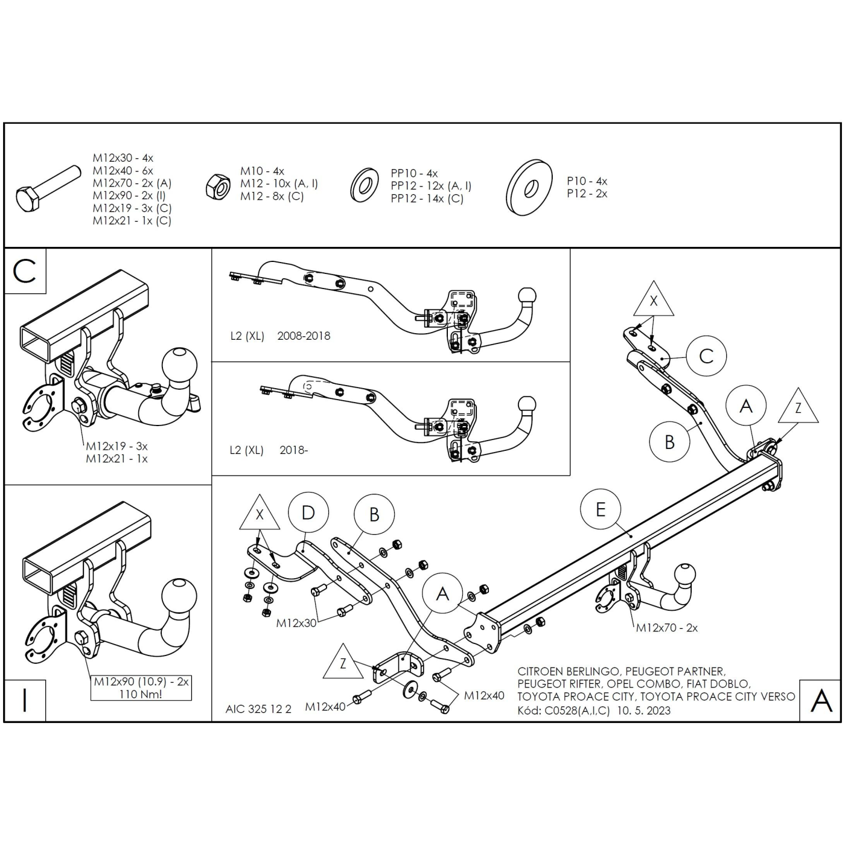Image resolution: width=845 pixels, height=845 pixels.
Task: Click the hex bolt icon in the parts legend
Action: [47, 188]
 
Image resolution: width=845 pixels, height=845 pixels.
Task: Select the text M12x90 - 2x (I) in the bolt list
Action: [129, 196]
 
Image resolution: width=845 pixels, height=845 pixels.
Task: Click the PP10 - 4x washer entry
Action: [414, 173]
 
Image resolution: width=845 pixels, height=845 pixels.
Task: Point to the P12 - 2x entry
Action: [587, 194]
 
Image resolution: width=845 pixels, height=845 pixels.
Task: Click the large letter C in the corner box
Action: [25, 271]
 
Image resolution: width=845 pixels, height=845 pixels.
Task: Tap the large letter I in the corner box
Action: [25, 700]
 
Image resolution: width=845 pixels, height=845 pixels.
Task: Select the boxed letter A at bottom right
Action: [821, 700]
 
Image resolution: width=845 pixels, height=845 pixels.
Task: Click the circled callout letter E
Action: [600, 510]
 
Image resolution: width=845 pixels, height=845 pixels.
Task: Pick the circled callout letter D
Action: [308, 513]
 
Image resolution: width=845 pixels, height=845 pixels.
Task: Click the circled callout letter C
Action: [706, 356]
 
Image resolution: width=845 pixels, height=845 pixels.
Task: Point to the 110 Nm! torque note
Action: [141, 694]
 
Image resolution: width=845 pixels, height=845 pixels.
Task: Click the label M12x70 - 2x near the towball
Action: [666, 628]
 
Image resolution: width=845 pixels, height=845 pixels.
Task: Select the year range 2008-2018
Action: [304, 336]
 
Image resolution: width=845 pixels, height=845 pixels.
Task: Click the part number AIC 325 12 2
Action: [258, 709]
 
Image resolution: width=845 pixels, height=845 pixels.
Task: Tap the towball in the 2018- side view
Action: [527, 404]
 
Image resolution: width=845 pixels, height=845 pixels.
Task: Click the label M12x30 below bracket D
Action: [296, 623]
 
